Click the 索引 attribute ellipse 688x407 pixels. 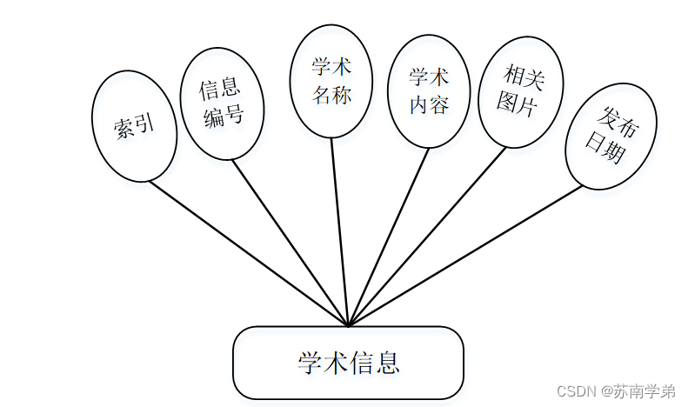point(134,126)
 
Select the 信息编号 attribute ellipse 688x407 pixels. point(222,103)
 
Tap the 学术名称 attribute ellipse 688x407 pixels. point(331,81)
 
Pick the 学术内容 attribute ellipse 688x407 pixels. point(429,91)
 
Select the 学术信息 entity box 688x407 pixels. point(348,362)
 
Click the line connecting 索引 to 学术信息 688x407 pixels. point(248,252)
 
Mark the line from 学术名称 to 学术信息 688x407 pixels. point(339,230)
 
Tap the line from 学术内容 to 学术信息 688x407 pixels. point(389,235)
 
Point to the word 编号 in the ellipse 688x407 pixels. point(223,117)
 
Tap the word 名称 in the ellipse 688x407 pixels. point(331,95)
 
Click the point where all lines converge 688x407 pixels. point(348,326)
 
